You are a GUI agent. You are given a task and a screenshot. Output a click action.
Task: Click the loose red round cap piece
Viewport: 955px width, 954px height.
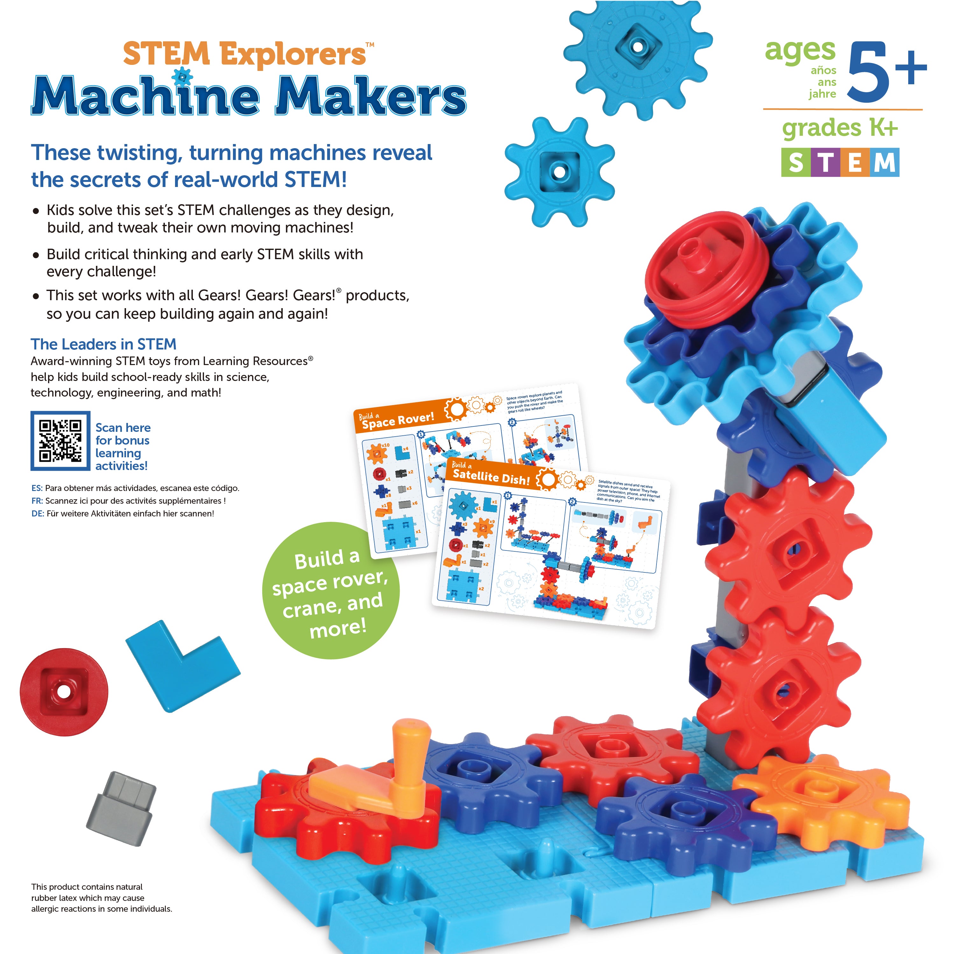pos(64,692)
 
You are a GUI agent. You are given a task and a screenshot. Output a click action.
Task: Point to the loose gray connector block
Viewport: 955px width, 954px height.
pos(122,808)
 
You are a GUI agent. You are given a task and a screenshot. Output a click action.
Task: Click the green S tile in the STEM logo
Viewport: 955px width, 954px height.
pos(795,162)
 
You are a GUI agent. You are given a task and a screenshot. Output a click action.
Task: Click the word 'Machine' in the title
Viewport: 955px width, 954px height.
pos(146,96)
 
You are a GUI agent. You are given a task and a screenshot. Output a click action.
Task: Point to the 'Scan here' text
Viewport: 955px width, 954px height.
pos(123,428)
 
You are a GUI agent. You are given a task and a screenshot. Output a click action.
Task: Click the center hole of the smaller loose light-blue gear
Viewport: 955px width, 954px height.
pos(558,171)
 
